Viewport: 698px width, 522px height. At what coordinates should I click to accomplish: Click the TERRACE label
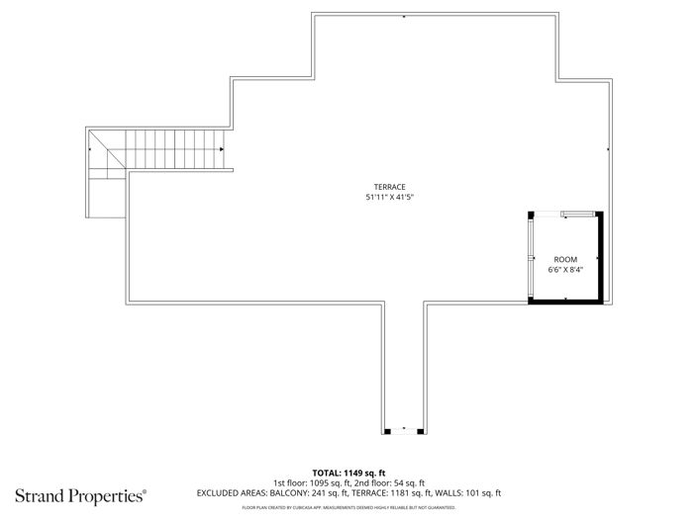coord(389,187)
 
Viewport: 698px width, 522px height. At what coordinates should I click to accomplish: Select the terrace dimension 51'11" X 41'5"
coord(389,197)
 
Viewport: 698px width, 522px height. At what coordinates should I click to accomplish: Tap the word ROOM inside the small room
coord(565,259)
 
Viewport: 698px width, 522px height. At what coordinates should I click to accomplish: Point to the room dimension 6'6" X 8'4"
coord(565,269)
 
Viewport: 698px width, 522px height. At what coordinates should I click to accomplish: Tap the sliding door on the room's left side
coord(532,257)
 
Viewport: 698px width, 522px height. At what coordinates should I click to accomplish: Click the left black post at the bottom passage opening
coord(387,430)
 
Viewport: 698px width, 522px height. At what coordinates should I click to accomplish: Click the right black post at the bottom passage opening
coord(423,430)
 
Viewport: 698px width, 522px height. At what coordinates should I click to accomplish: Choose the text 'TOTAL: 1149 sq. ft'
coord(349,473)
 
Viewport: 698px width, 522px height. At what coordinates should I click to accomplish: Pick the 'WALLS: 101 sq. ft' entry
coord(475,492)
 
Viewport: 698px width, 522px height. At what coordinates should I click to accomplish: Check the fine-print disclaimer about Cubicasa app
coord(349,507)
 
